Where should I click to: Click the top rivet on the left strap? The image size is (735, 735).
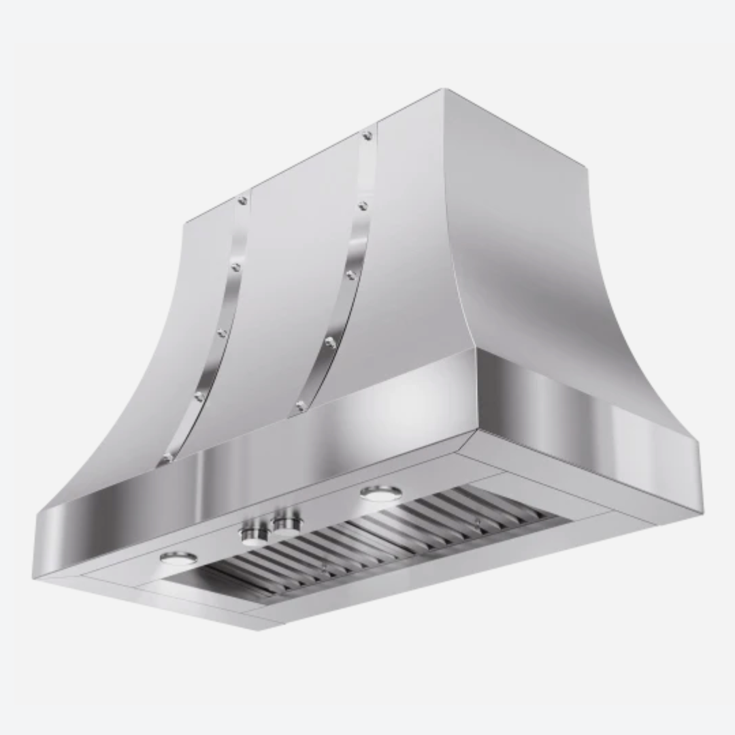point(242,200)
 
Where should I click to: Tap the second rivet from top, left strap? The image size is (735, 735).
point(235,267)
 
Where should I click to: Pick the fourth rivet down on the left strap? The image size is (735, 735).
point(199,395)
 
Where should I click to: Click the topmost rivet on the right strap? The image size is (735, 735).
point(367,136)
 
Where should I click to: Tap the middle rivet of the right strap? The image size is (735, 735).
point(350,274)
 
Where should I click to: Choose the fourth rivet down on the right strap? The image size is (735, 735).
point(329,342)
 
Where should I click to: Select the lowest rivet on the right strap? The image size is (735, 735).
point(299,407)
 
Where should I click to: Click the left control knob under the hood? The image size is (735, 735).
point(253,532)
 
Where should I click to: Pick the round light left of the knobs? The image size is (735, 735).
point(178,558)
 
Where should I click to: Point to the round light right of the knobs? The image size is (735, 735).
point(380,491)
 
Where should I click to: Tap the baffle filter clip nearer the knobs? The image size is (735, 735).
point(325,566)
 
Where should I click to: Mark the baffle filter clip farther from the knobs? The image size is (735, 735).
point(476,523)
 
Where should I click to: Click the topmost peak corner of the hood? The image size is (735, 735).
point(443,89)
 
